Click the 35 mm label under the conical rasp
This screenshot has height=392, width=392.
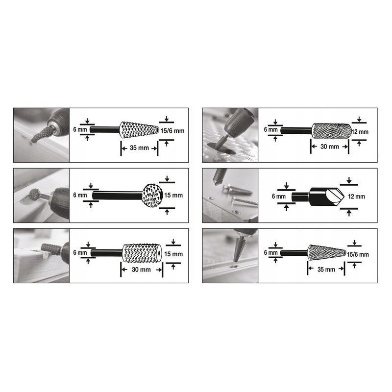pyautogui.click(x=139, y=148)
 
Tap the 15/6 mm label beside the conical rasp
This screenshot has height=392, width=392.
pyautogui.click(x=172, y=131)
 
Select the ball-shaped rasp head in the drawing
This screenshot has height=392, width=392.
pyautogui.click(x=152, y=195)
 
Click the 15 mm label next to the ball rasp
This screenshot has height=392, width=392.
pyautogui.click(x=173, y=195)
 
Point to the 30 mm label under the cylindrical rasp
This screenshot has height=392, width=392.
pyautogui.click(x=141, y=269)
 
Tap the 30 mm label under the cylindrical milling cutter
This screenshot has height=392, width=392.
pyautogui.click(x=330, y=147)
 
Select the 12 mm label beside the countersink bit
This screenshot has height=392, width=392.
pyautogui.click(x=357, y=196)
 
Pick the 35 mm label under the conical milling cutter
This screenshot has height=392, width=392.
pyautogui.click(x=326, y=269)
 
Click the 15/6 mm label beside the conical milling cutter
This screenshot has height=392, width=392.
pyautogui.click(x=358, y=254)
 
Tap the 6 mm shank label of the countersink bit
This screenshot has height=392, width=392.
pyautogui.click(x=279, y=196)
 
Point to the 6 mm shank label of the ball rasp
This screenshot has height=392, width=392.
pyautogui.click(x=80, y=195)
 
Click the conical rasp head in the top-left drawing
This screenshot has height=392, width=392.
pyautogui.click(x=139, y=130)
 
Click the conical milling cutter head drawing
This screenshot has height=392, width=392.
pyautogui.click(x=326, y=253)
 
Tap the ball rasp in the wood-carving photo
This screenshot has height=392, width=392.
pyautogui.click(x=34, y=194)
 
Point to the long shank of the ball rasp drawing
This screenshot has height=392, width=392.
pyautogui.click(x=118, y=195)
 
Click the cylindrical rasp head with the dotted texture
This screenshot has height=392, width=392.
pyautogui.click(x=142, y=253)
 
